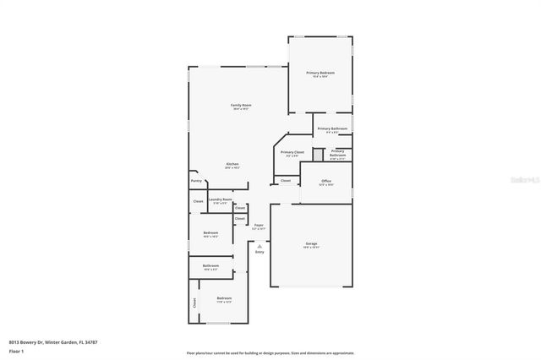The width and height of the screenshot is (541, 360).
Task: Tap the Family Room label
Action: pyautogui.click(x=242, y=106)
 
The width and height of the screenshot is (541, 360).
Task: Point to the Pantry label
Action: pyautogui.click(x=196, y=180)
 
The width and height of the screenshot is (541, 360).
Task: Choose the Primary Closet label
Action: pyautogui.click(x=292, y=152)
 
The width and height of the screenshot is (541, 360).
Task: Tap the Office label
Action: pyautogui.click(x=326, y=181)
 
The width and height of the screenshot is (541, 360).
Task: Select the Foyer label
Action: pyautogui.click(x=259, y=225)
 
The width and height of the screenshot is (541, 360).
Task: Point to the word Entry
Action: pyautogui.click(x=260, y=252)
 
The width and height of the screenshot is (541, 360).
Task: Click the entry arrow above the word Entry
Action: pyautogui.click(x=260, y=245)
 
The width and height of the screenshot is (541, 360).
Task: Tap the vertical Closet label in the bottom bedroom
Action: pyautogui.click(x=194, y=302)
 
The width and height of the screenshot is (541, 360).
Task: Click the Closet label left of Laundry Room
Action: pyautogui.click(x=198, y=201)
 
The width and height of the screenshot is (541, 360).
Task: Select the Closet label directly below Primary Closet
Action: pyautogui.click(x=286, y=180)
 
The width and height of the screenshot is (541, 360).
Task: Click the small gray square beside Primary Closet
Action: pyautogui.click(x=318, y=154)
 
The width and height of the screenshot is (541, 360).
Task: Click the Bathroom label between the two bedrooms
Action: pyautogui.click(x=210, y=266)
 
